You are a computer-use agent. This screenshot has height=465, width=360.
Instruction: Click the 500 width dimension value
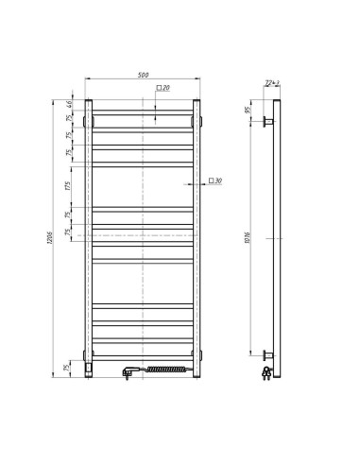[142, 74]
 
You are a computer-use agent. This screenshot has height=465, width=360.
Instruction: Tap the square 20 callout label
[163, 88]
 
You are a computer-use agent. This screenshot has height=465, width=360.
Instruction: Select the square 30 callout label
[214, 180]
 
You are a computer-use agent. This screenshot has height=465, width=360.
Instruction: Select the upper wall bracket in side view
[268, 121]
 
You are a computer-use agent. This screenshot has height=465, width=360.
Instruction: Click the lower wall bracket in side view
[268, 356]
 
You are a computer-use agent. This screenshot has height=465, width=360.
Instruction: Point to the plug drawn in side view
[269, 371]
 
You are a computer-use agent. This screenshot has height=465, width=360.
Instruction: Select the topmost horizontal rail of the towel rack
[142, 112]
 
